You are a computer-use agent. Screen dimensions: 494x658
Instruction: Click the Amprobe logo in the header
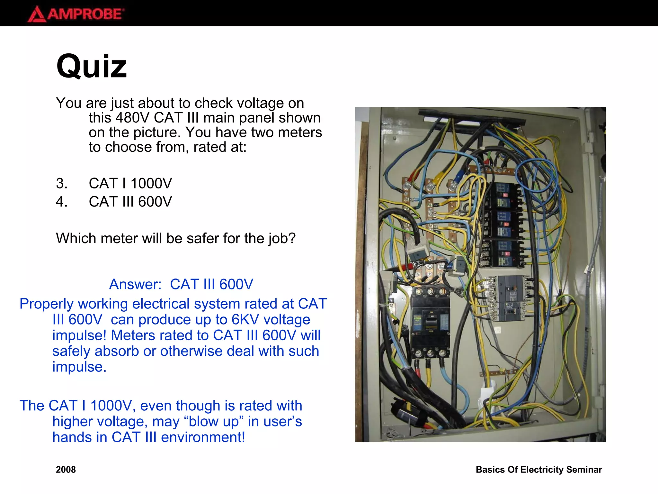click(x=76, y=14)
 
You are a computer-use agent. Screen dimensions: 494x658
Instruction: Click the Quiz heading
click(x=92, y=66)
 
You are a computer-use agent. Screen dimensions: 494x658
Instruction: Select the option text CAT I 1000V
click(x=130, y=183)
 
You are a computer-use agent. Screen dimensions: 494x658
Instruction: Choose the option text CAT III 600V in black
click(x=130, y=202)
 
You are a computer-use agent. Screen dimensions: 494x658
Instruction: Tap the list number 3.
click(x=61, y=183)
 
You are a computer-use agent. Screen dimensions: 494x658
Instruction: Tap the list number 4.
click(x=61, y=202)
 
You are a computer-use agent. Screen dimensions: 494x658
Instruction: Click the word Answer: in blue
click(x=135, y=284)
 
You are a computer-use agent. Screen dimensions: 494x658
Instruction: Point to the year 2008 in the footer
click(x=66, y=470)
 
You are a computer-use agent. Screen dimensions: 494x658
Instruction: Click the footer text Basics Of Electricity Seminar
click(x=539, y=470)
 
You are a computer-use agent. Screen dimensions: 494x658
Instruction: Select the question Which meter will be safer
click(x=175, y=238)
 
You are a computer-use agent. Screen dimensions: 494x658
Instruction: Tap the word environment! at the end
click(x=203, y=437)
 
